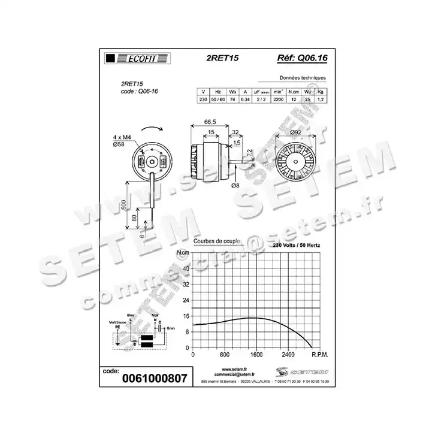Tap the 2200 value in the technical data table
coord(278,99)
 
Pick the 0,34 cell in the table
coord(246,99)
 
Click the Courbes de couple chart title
coord(217,241)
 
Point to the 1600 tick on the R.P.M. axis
coord(256,354)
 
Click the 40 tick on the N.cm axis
coord(186,268)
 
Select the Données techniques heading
coord(303,78)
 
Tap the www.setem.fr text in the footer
coord(234,369)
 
